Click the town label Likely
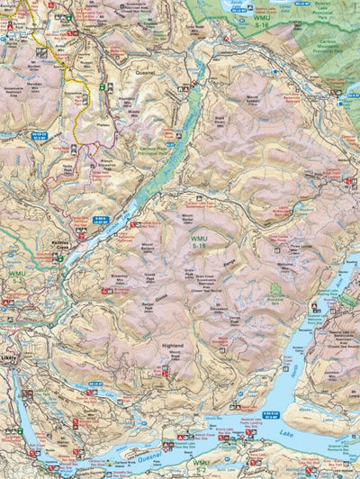coord(10,357)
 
